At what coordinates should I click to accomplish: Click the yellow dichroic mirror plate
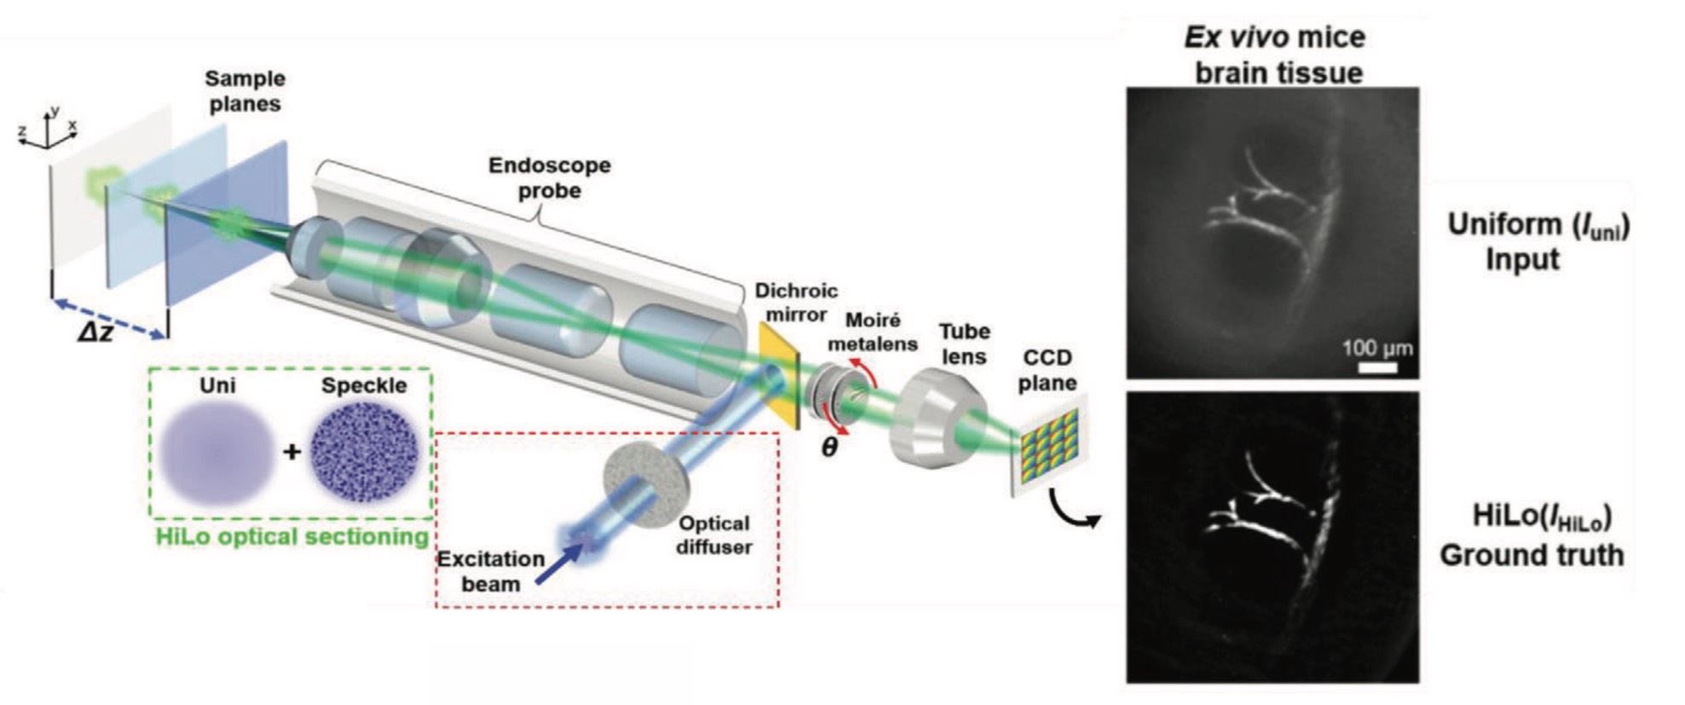pos(777,379)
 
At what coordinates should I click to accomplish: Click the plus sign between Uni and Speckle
pos(291,451)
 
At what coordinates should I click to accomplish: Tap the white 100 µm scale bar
pos(1377,367)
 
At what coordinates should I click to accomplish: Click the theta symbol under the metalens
pos(828,447)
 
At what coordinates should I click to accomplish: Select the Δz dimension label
pos(95,332)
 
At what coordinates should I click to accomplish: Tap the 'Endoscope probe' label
pos(549,177)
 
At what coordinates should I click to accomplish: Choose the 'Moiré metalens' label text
pos(873,332)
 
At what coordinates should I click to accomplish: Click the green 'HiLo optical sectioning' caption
pos(291,536)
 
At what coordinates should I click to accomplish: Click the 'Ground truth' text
pos(1531,555)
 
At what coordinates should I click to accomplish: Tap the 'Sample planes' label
pos(245,91)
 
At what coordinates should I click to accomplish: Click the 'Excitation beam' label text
pos(491,571)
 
